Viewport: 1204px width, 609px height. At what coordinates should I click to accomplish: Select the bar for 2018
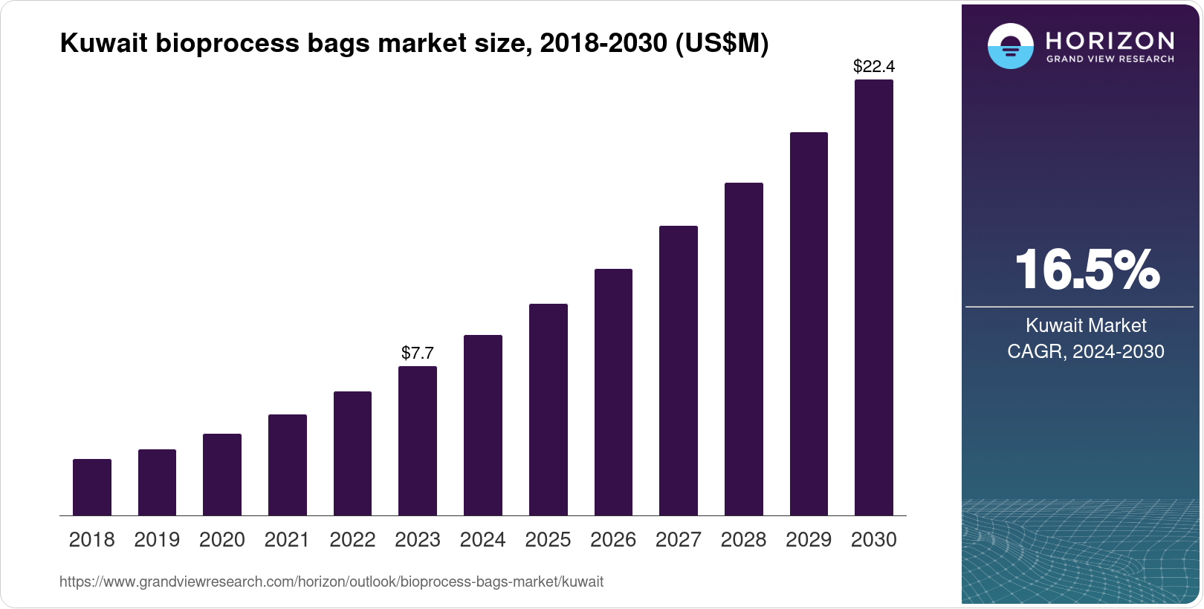coord(92,487)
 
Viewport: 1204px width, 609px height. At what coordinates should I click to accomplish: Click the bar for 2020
coord(222,475)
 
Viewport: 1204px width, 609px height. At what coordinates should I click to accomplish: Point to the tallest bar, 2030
coord(874,297)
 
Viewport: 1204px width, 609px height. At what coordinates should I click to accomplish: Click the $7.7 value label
coord(418,353)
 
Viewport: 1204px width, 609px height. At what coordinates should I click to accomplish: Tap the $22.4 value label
coord(874,67)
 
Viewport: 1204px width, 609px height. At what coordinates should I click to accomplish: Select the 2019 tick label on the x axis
coord(157,540)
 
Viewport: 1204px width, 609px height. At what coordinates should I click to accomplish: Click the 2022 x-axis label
coord(352,540)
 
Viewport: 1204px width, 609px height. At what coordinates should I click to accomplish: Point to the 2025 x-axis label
coord(548,540)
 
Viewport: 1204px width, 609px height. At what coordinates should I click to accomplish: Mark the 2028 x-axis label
coord(743,540)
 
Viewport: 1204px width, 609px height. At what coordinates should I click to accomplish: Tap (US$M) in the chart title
coord(722,44)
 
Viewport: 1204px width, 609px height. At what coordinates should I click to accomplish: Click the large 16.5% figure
coord(1087,270)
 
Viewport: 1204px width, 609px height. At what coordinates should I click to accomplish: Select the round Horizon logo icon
coord(1010,46)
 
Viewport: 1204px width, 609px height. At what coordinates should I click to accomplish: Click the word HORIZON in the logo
coord(1110,40)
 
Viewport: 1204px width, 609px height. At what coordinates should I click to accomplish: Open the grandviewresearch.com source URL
coord(331,582)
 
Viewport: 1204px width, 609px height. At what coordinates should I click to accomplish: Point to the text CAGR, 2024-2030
coord(1086,351)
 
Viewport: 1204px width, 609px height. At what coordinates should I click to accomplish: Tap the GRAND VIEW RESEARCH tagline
coord(1110,59)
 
